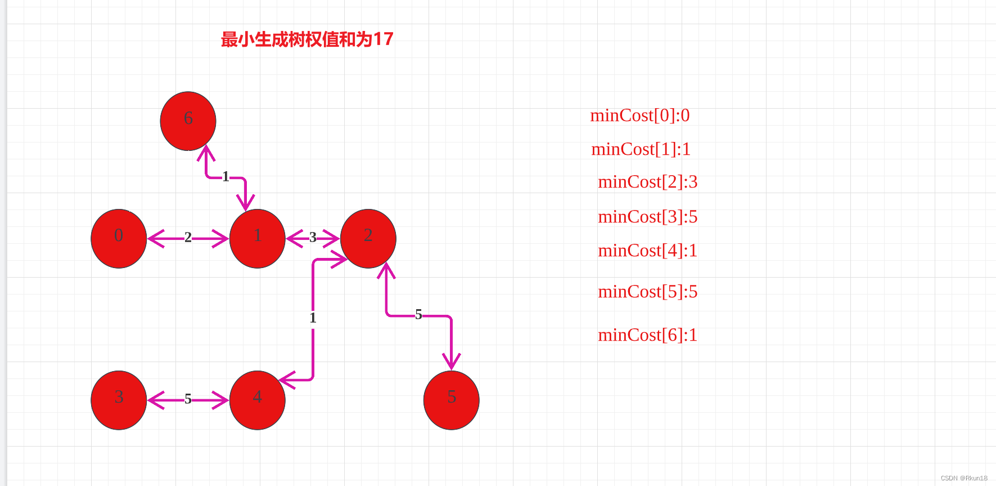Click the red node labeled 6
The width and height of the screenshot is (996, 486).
pos(188,121)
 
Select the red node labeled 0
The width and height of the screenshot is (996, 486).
pos(119,238)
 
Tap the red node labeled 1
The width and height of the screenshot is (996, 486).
pos(257,238)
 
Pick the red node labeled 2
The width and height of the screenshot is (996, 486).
pos(368,238)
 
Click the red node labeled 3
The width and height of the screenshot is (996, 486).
pos(119,400)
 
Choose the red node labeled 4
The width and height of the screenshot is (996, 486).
pos(257,400)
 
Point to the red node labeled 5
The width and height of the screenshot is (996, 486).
pos(451,400)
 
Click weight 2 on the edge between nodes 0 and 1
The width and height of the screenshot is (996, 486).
pos(188,238)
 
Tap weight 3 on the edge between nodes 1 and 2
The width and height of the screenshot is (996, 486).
pos(313,238)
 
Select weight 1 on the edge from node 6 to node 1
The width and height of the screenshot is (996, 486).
pos(226,177)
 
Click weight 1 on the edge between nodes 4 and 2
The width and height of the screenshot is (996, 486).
pos(313,318)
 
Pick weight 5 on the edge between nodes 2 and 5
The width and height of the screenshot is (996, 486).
pos(418,314)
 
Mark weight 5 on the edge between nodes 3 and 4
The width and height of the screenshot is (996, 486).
pos(188,399)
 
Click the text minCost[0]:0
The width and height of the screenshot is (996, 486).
pos(640,115)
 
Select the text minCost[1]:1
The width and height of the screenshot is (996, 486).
pos(641,149)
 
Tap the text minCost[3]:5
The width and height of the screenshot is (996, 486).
pos(647,217)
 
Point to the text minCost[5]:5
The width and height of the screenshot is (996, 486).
pos(647,292)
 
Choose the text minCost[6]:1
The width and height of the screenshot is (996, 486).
pos(647,335)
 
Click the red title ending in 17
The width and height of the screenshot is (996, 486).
pos(307,39)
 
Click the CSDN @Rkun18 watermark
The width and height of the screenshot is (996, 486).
pos(963,478)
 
